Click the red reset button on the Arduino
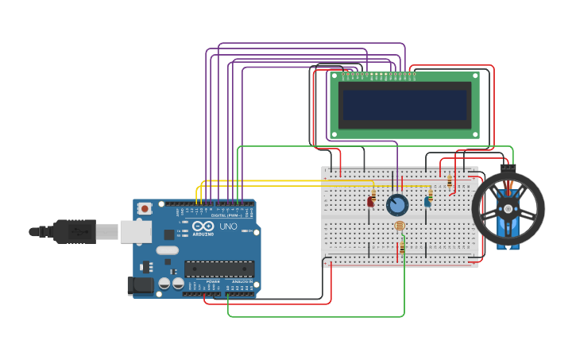pyautogui.click(x=144, y=208)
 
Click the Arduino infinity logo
pyautogui.click(x=203, y=226)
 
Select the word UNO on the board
pyautogui.click(x=228, y=226)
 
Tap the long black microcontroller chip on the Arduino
pyautogui.click(x=219, y=269)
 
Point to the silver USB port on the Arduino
pyautogui.click(x=135, y=231)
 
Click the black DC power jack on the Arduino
pyautogui.click(x=141, y=285)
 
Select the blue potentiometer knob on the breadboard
pyautogui.click(x=397, y=205)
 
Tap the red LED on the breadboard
pyautogui.click(x=370, y=202)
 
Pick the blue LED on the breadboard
pyautogui.click(x=427, y=202)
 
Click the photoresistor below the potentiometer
pyautogui.click(x=399, y=226)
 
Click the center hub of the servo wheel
pyautogui.click(x=508, y=208)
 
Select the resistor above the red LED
pyautogui.click(x=373, y=192)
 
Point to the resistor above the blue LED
pyautogui.click(x=430, y=191)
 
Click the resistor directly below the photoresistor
pyautogui.click(x=402, y=248)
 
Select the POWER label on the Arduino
pyautogui.click(x=213, y=281)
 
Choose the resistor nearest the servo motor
pyautogui.click(x=450, y=182)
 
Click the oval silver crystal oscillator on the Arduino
pyautogui.click(x=167, y=250)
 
